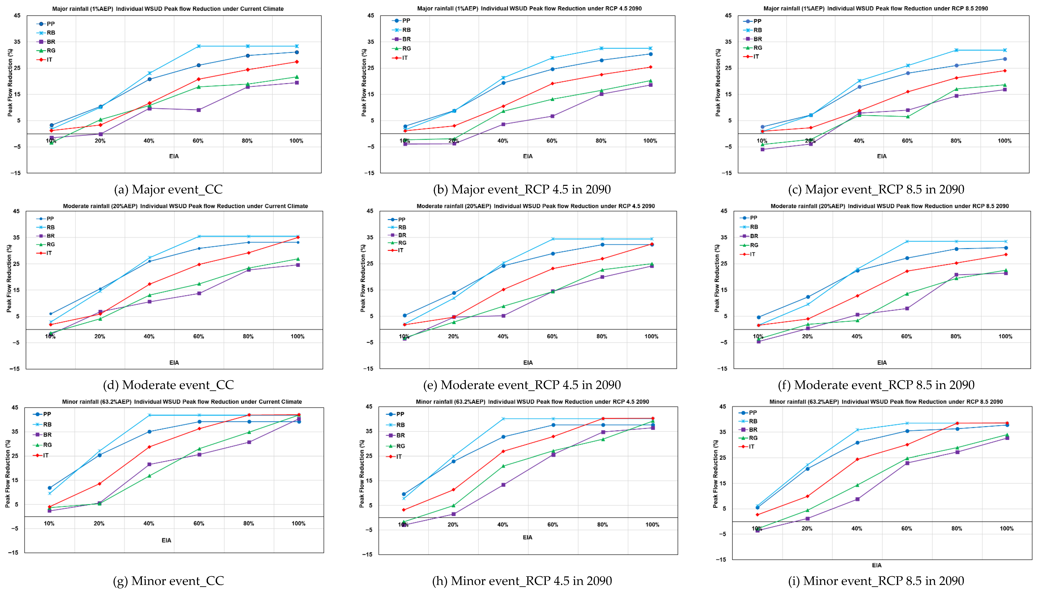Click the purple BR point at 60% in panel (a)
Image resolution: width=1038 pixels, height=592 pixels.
pyautogui.click(x=199, y=110)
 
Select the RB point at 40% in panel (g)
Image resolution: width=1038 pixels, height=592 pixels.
pyautogui.click(x=149, y=415)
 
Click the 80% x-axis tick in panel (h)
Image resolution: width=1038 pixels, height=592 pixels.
pyautogui.click(x=602, y=525)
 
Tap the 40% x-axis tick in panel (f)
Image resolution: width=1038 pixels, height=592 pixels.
pyautogui.click(x=857, y=336)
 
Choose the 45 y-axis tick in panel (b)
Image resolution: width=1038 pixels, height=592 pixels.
pyautogui.click(x=370, y=15)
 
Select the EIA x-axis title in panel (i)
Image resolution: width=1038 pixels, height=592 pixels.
pyautogui.click(x=876, y=565)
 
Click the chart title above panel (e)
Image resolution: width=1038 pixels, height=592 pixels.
pyautogui.click(x=535, y=206)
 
